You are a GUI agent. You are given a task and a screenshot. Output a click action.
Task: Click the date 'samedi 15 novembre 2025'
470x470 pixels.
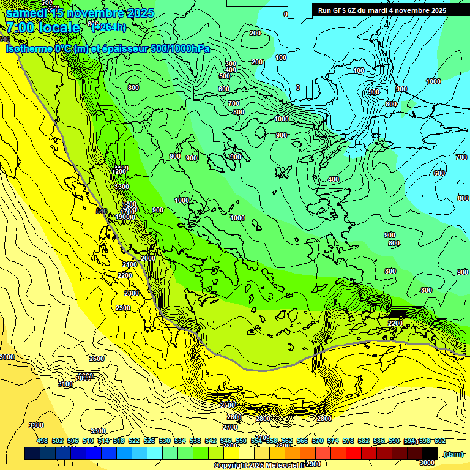coord(80,12)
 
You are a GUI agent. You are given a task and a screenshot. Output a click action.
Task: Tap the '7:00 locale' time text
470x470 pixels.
coord(43,28)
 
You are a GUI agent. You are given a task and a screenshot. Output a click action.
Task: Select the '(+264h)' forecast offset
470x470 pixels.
coord(108,27)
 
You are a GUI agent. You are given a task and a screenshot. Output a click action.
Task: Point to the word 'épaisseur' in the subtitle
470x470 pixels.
coord(123,48)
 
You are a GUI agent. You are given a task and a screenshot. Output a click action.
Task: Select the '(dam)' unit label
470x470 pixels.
coord(453,453)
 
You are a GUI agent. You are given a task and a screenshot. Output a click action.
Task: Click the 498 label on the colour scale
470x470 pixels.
coord(42,441)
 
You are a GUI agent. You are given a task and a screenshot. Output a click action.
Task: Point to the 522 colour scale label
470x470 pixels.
coord(134,441)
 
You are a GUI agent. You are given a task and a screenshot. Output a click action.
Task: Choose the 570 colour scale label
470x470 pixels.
coord(318,441)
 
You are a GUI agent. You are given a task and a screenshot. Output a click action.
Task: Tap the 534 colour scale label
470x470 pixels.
coord(180,441)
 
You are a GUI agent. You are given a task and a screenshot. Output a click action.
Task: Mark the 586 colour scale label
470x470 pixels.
coord(379,441)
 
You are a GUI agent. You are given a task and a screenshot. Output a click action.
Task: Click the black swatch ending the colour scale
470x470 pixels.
coord(430,453)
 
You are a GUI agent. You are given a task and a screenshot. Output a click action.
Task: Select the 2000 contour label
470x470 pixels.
coord(148,258)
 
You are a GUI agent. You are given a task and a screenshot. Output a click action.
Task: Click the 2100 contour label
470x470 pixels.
coord(130,264)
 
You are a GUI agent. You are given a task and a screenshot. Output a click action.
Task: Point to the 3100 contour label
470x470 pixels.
coord(65,384)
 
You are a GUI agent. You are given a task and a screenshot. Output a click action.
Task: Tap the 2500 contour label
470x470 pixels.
coord(228,405)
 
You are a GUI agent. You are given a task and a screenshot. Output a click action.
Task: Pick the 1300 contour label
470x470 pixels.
coord(122,187)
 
